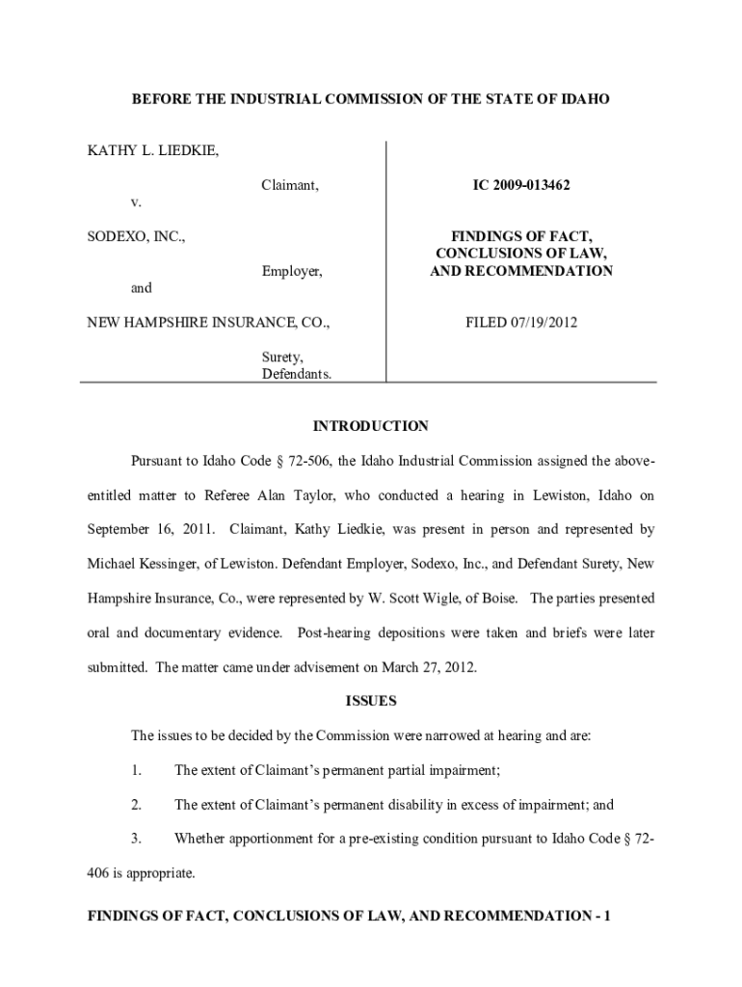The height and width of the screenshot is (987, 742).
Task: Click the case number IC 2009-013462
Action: coord(520,183)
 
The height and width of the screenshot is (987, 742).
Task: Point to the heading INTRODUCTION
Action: coord(371,426)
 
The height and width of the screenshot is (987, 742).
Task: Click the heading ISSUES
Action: coord(371,701)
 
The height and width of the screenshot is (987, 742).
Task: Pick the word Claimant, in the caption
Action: coord(290,183)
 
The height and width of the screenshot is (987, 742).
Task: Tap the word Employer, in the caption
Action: coord(292,272)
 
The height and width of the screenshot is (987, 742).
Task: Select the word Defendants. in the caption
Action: coord(297,374)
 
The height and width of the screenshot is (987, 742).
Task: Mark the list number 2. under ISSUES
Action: coord(137,805)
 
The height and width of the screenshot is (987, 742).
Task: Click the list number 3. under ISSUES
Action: coord(137,840)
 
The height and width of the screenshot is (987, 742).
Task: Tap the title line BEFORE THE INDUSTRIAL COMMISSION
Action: coord(371,99)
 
